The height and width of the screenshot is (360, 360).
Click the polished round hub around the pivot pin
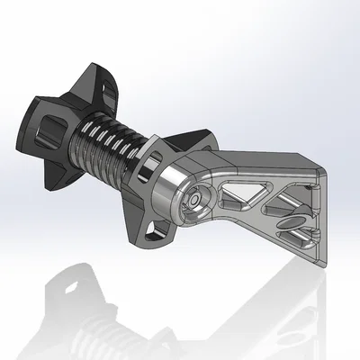coord(193,203)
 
